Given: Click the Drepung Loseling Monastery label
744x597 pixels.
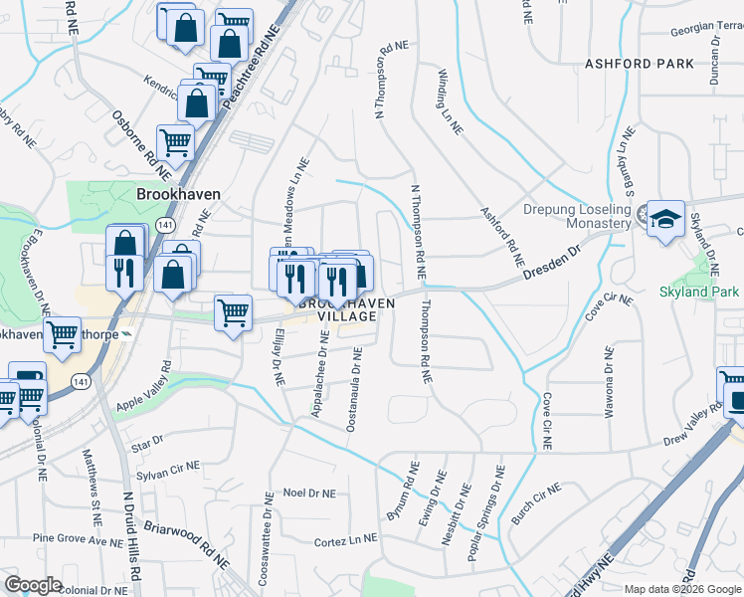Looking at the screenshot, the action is tap(578, 216).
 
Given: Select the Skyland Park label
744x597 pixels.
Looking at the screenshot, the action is tap(699, 292).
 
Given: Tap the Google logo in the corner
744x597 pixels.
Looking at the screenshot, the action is tap(33, 585).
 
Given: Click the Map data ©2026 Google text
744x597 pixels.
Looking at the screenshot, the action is tap(683, 589).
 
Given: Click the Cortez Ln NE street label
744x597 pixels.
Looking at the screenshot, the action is tap(345, 538).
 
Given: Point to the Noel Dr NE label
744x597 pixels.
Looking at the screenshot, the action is tap(309, 492).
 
